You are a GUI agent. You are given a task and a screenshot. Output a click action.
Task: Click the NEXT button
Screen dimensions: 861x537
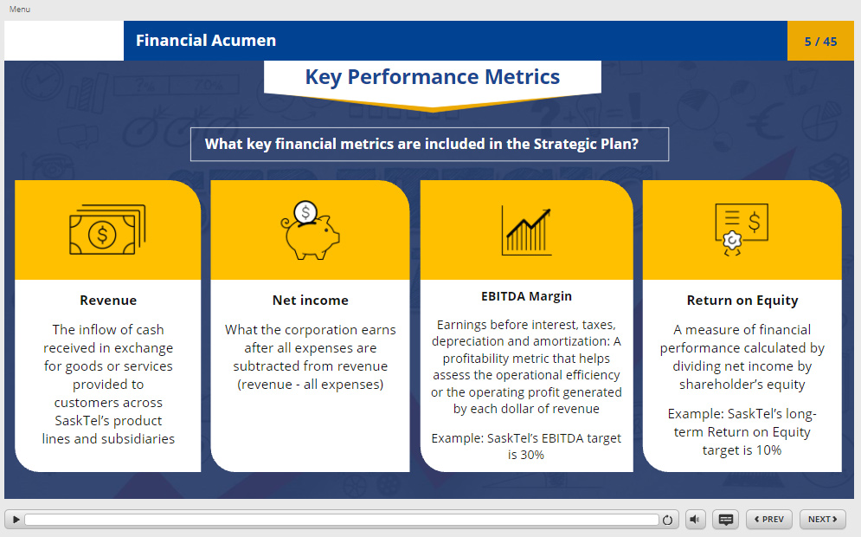(x=823, y=520)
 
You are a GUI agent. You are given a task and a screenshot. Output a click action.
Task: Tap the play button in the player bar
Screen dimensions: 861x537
(x=16, y=520)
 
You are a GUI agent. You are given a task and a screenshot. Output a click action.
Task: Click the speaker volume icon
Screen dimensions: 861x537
(x=695, y=520)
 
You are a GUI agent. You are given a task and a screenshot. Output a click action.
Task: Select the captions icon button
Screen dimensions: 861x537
(x=725, y=520)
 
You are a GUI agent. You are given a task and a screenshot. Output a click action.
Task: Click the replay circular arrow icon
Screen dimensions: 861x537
(x=667, y=520)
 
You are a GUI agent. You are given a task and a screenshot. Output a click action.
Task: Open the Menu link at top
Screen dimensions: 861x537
(x=20, y=10)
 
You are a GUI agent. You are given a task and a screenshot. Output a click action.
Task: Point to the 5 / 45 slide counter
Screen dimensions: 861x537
(x=820, y=42)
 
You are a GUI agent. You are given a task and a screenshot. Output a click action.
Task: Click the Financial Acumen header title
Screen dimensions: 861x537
(x=206, y=41)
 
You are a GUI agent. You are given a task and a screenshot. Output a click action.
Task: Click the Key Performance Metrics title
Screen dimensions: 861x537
(x=432, y=77)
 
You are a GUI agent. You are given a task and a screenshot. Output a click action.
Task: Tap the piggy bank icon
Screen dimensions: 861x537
(x=311, y=230)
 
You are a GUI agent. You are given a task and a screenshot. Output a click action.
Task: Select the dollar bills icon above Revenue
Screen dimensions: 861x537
(x=107, y=230)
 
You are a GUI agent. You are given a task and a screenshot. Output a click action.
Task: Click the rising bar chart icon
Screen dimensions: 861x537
(x=526, y=231)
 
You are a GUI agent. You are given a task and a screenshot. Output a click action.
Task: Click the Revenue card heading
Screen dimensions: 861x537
(x=108, y=301)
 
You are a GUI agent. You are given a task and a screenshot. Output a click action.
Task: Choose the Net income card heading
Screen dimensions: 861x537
(x=311, y=301)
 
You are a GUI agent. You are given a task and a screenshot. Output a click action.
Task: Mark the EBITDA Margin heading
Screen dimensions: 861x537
(x=527, y=296)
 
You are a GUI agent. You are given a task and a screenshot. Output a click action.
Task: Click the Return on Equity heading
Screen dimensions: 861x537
(x=742, y=301)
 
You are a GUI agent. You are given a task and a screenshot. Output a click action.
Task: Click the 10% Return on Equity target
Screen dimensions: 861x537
(x=768, y=450)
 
